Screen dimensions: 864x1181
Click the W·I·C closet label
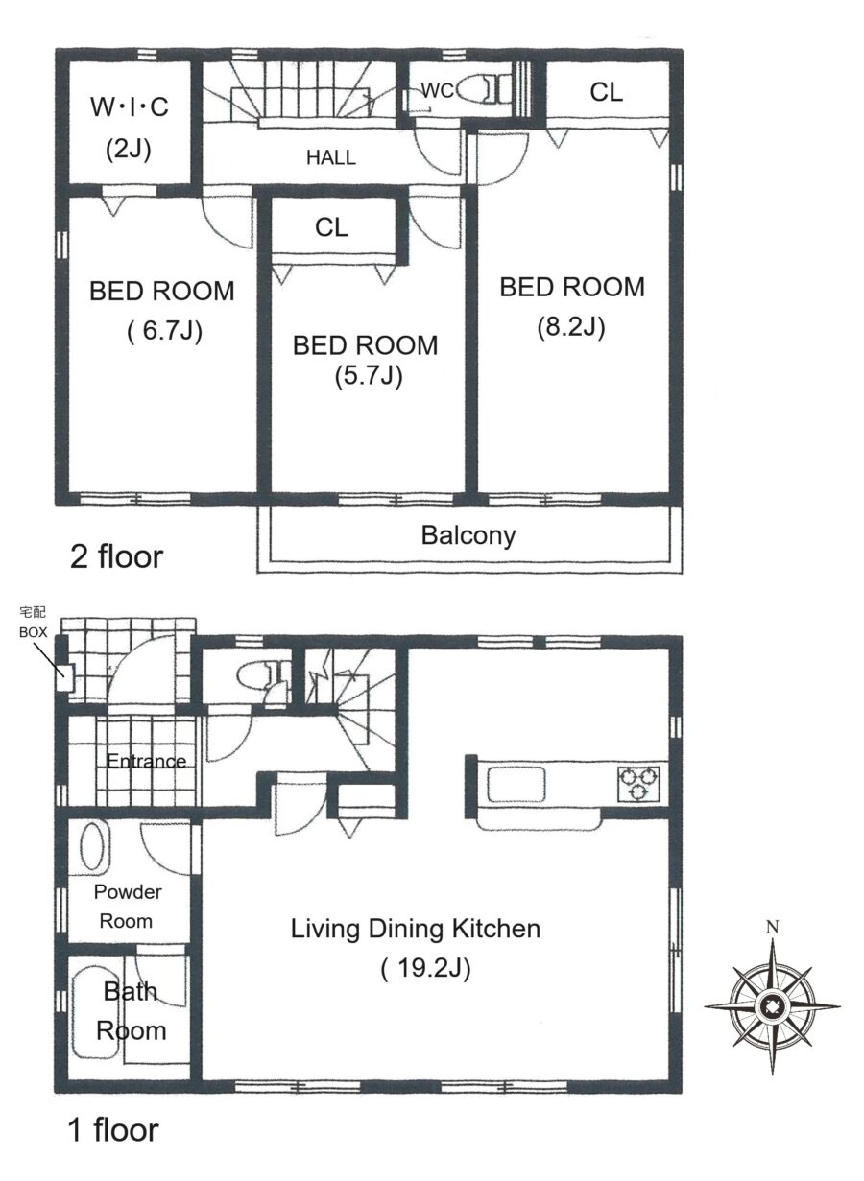[130, 107]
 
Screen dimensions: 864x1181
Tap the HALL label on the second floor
[331, 157]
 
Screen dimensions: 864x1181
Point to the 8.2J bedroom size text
[571, 327]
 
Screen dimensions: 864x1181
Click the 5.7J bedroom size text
[369, 376]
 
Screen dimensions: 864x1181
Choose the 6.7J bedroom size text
[164, 332]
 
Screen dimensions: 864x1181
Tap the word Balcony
[468, 535]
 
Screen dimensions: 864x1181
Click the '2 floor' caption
[116, 556]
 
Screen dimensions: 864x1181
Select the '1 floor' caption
[113, 1141]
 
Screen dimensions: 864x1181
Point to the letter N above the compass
[772, 927]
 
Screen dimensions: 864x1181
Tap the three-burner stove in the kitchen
[638, 784]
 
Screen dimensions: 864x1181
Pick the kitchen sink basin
[516, 784]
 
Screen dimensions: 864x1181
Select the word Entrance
[146, 761]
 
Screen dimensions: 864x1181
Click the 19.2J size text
[425, 969]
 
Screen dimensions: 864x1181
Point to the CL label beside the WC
[607, 92]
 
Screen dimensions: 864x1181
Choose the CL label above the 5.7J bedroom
[331, 227]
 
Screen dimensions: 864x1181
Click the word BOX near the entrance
[34, 632]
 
